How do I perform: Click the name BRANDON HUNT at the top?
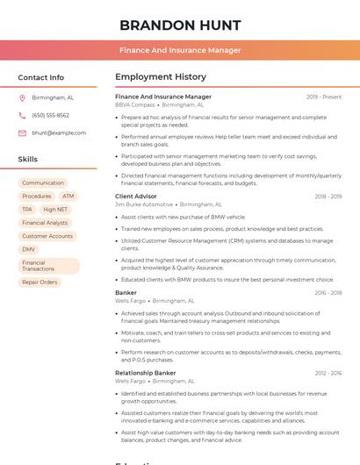[x=180, y=25]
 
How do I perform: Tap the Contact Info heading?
[x=41, y=77]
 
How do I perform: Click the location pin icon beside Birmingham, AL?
[x=22, y=98]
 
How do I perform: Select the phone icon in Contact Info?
[x=22, y=116]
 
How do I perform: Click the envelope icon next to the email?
[x=22, y=133]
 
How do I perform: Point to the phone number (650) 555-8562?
[x=50, y=116]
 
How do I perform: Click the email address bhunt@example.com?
[x=59, y=133]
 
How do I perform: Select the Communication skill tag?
[x=43, y=183]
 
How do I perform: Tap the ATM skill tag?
[x=68, y=197]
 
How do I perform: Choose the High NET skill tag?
[x=55, y=210]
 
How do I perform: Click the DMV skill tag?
[x=29, y=249]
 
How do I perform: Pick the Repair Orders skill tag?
[x=40, y=283]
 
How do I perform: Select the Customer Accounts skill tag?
[x=47, y=236]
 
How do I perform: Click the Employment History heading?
[x=161, y=77]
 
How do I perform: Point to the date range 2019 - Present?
[x=324, y=97]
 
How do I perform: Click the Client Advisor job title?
[x=136, y=197]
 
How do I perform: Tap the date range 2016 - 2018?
[x=328, y=293]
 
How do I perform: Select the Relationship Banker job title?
[x=146, y=373]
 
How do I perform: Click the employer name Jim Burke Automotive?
[x=144, y=204]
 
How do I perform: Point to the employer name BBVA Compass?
[x=134, y=104]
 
